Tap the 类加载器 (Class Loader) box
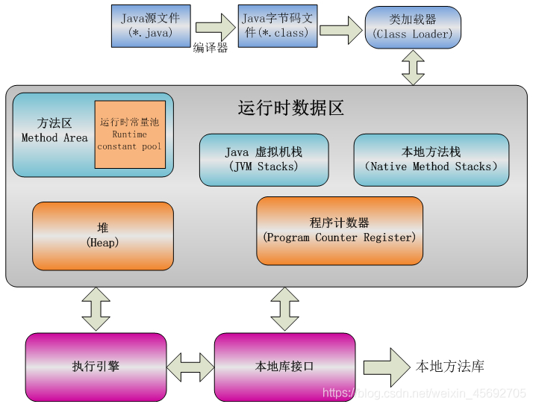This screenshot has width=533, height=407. click(413, 27)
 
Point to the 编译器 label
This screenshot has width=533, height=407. click(210, 48)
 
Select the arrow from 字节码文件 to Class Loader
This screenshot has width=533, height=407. click(341, 30)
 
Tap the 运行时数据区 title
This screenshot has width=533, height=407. click(290, 108)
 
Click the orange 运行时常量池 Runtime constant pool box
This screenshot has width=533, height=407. click(130, 134)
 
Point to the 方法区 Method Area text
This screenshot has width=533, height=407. click(54, 131)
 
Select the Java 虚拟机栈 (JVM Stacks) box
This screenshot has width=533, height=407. click(264, 159)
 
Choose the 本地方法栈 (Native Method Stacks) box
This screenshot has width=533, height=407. click(431, 159)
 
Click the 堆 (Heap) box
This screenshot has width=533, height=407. click(103, 235)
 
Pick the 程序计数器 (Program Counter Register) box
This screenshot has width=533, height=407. click(339, 230)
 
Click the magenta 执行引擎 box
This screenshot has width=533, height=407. click(96, 366)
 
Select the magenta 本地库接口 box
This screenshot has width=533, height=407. click(284, 366)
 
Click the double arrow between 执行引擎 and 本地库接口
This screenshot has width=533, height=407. click(190, 367)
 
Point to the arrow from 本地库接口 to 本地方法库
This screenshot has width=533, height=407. click(384, 367)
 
